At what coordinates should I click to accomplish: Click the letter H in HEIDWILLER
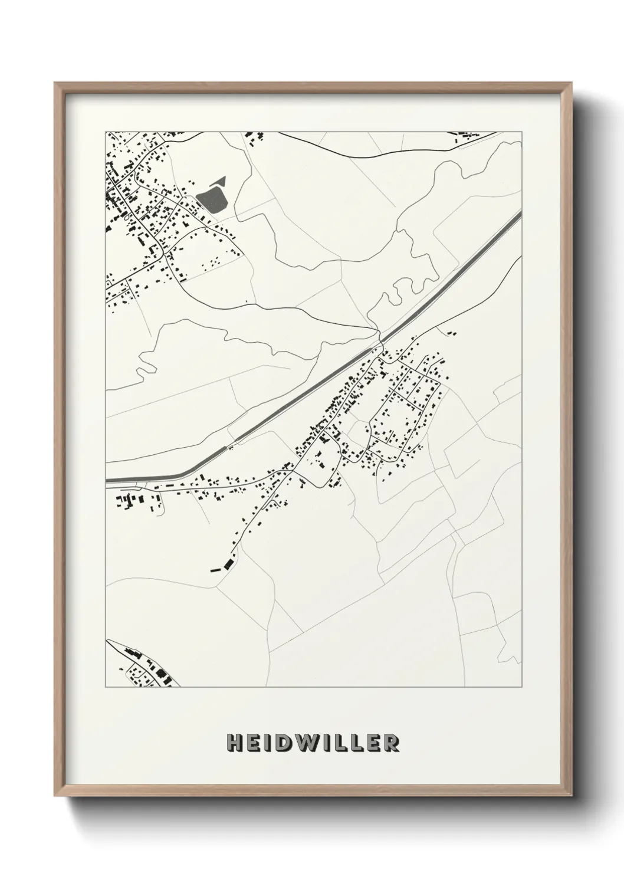coord(234,743)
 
